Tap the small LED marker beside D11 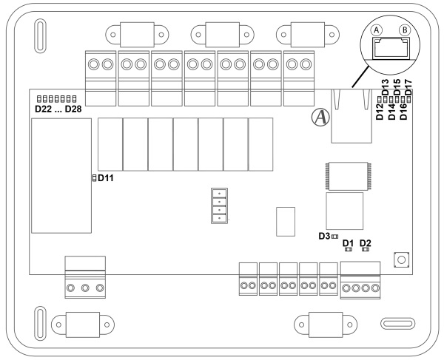pos(94,178)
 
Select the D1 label pos(349,242)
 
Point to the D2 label pos(365,242)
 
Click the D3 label pos(323,236)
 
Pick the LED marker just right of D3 pos(334,236)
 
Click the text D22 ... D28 pos(58,109)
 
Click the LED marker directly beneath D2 pos(365,250)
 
